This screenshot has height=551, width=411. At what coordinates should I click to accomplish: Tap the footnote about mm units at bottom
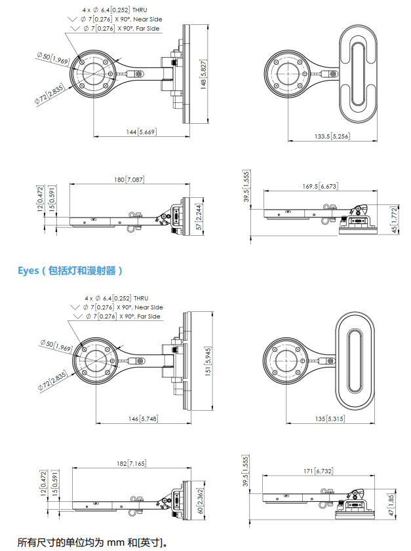(92, 542)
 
